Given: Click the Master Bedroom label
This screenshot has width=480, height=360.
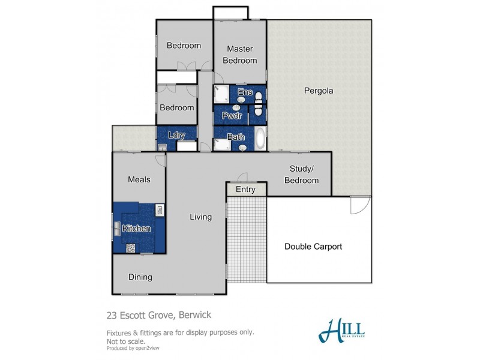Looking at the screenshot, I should tap(239, 55).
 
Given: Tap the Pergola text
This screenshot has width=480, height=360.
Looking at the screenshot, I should tap(318, 91).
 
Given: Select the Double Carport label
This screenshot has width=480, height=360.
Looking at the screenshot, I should tap(313, 247).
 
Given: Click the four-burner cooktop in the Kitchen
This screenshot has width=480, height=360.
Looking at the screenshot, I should tap(131, 247).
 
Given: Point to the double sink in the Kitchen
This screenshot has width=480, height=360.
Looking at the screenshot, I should tap(116, 228).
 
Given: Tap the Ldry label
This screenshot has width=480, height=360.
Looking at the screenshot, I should tap(176, 136).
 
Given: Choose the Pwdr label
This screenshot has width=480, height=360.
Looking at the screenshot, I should tap(232, 115).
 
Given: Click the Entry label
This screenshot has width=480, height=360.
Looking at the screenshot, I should tap(245, 190).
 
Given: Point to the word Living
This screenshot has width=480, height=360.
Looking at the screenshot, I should tap(200, 217).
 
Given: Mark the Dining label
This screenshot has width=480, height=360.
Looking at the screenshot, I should tap(140, 277).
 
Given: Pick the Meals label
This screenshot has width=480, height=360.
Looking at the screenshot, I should tap(139, 179).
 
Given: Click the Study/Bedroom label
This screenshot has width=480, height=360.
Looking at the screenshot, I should tap(301, 175).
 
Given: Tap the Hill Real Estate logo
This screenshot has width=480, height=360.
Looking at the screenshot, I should tap(341, 330).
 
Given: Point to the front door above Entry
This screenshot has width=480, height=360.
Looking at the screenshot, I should tap(242, 178).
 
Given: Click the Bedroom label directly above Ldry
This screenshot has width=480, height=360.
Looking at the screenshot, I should tap(176, 107).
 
